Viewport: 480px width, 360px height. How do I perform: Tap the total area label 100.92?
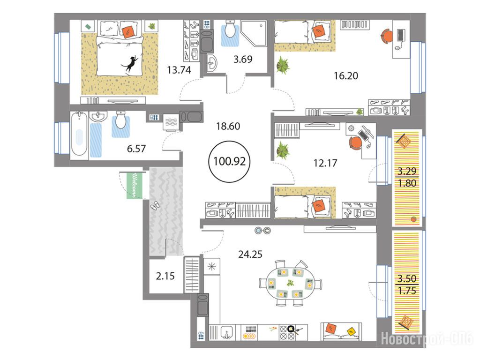pos(229,161)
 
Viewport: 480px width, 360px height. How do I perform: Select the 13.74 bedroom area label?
pos(179,70)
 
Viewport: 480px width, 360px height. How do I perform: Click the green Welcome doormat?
pos(134,186)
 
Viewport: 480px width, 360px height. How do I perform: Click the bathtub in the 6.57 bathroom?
pos(79,135)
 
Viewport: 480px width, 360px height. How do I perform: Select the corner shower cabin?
pos(254,34)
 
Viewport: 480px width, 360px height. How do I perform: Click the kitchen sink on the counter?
pos(226,332)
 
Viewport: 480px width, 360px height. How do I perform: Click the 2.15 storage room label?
pos(165,276)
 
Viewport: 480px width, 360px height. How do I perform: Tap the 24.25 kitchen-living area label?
pos(250,255)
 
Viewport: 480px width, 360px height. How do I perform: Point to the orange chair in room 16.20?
pos(387,36)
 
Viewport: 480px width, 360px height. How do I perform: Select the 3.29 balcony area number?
pos(407,171)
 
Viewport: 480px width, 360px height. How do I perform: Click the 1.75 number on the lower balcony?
pos(407,291)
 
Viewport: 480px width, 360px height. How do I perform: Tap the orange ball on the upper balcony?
pos(414,219)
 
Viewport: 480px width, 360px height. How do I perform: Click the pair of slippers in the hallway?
pos(155,205)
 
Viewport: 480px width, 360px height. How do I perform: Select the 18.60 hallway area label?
pos(228,126)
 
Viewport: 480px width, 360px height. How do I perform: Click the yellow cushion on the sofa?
pos(351,331)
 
